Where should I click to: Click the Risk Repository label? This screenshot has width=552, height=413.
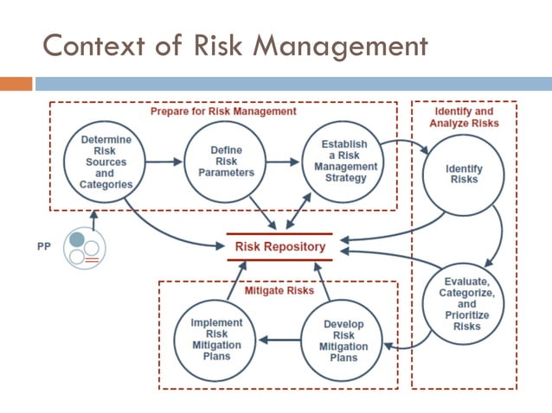coord(280,247)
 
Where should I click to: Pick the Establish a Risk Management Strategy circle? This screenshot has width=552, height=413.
coord(343,161)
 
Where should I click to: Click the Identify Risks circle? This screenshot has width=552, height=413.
coord(464,174)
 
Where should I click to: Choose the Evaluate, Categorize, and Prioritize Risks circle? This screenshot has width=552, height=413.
coord(465,304)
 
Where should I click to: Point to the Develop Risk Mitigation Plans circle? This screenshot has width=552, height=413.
coord(343,340)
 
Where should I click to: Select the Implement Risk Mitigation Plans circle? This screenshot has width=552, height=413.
coord(216,340)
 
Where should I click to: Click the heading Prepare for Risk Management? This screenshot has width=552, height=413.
coord(223,111)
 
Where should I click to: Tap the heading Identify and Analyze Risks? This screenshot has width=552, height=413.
coord(464,118)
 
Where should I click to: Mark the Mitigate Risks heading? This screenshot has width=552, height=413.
coord(279,291)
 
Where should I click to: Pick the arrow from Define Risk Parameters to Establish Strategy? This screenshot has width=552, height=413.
coord(280,161)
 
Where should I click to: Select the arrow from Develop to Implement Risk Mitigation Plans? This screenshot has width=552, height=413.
coord(280,340)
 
